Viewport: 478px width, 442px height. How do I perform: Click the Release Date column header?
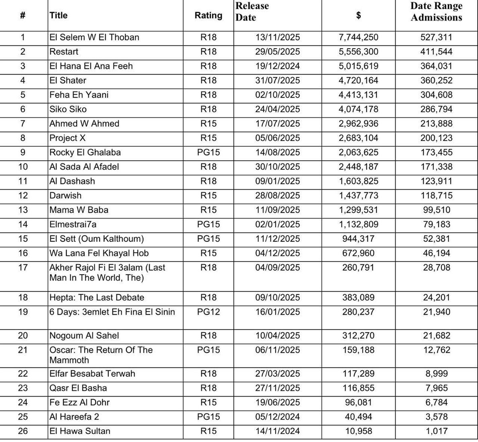[x=252, y=12]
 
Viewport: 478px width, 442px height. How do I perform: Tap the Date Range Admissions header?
[x=436, y=12]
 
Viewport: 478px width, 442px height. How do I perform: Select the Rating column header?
[x=208, y=15]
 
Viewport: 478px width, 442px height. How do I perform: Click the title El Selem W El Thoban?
[x=94, y=37]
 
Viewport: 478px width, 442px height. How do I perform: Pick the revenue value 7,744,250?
[x=358, y=37]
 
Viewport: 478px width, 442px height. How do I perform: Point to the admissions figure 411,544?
[x=436, y=52]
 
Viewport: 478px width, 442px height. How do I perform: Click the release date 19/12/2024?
[x=278, y=66]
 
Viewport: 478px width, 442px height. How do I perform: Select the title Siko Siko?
[x=68, y=109]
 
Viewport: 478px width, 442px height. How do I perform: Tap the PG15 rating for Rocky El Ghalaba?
[x=208, y=152]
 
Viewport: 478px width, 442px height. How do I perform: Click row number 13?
[x=23, y=210]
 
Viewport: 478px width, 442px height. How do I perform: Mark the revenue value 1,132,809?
[x=358, y=224]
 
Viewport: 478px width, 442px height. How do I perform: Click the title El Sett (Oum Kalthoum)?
[x=97, y=239]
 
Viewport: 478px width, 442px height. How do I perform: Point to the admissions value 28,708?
[x=436, y=267]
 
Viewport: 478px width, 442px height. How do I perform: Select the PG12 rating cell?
[x=208, y=312]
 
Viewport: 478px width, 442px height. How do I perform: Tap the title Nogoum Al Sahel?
[x=84, y=336]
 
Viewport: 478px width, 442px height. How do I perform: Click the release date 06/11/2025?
[x=278, y=350]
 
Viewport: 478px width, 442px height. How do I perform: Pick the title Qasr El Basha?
[x=78, y=388]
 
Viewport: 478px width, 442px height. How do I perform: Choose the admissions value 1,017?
[x=436, y=431]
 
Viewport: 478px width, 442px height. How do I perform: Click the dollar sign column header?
[x=358, y=15]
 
